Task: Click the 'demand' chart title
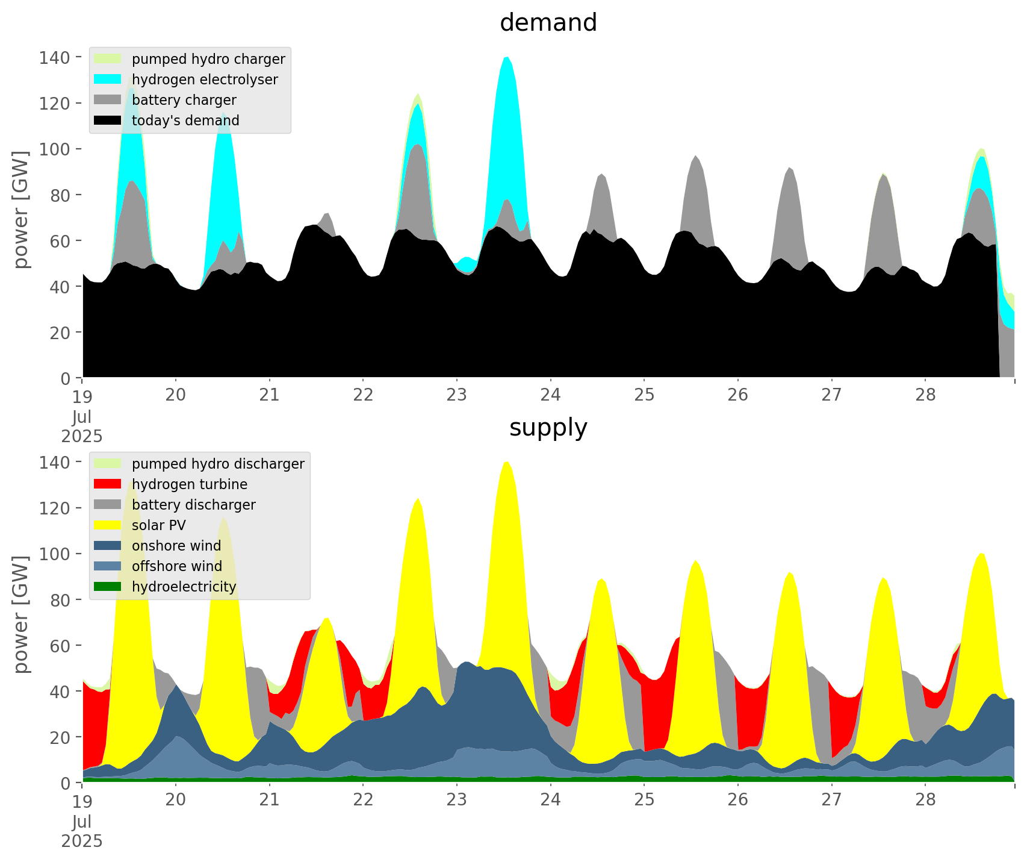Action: (548, 23)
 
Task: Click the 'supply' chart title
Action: (548, 428)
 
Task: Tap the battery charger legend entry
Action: (184, 100)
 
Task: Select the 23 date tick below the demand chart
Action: (457, 395)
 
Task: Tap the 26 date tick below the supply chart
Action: (738, 799)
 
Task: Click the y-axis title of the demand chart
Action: (21, 210)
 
